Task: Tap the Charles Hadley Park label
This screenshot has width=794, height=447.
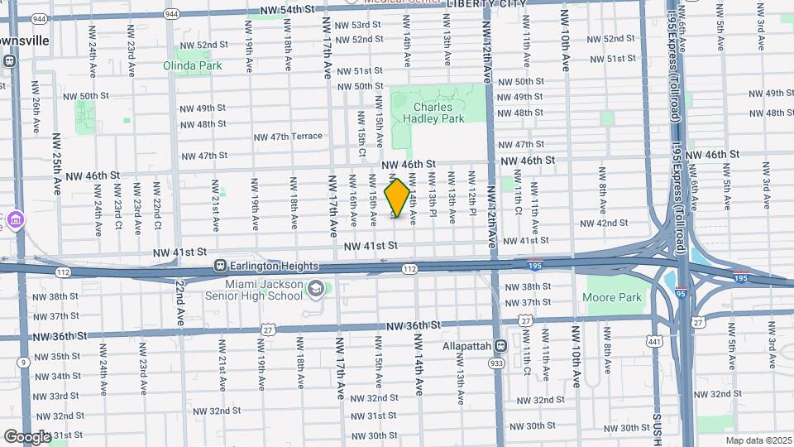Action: [433, 113]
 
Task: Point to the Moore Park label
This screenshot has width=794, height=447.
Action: [612, 297]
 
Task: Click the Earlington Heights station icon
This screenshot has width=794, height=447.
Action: [221, 266]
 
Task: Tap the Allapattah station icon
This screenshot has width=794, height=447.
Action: [500, 345]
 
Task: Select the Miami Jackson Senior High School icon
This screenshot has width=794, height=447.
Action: [315, 289]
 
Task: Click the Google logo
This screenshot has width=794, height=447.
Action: [26, 436]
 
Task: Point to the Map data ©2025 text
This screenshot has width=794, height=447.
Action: [758, 440]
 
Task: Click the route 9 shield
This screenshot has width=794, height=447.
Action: [23, 362]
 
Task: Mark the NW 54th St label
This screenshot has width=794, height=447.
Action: [288, 9]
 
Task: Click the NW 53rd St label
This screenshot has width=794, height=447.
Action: [356, 25]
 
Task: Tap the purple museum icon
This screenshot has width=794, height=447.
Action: [17, 221]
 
